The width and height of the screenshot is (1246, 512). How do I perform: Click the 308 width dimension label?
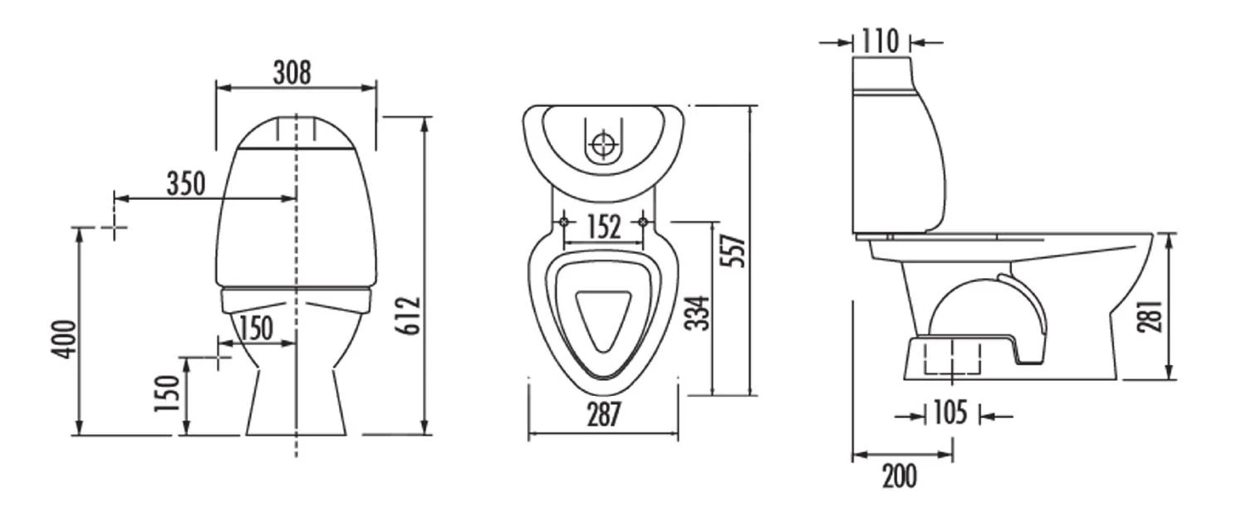point(292,73)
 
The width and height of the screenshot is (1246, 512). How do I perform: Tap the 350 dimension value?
point(186,183)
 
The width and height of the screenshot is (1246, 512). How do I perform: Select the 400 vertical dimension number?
point(64,339)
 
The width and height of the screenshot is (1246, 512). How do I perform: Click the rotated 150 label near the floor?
point(167,393)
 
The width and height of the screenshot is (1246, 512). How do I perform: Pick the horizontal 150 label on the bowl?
point(256,328)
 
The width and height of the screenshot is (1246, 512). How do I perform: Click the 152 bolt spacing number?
point(604,227)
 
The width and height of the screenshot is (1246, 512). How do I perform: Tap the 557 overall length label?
point(733,251)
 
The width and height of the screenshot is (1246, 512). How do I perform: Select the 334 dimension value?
point(698,313)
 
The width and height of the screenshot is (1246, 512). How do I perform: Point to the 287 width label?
point(604,414)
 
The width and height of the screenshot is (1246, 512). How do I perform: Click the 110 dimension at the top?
point(881,41)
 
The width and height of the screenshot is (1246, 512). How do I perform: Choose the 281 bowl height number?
point(1150,316)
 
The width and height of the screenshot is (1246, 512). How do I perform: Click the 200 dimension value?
point(900,476)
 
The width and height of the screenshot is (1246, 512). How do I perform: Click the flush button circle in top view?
point(604,144)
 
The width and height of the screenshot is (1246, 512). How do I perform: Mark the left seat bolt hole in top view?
point(564,222)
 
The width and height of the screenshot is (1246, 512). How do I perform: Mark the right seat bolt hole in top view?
point(643,222)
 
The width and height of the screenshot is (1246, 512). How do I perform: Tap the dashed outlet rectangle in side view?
point(952,358)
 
